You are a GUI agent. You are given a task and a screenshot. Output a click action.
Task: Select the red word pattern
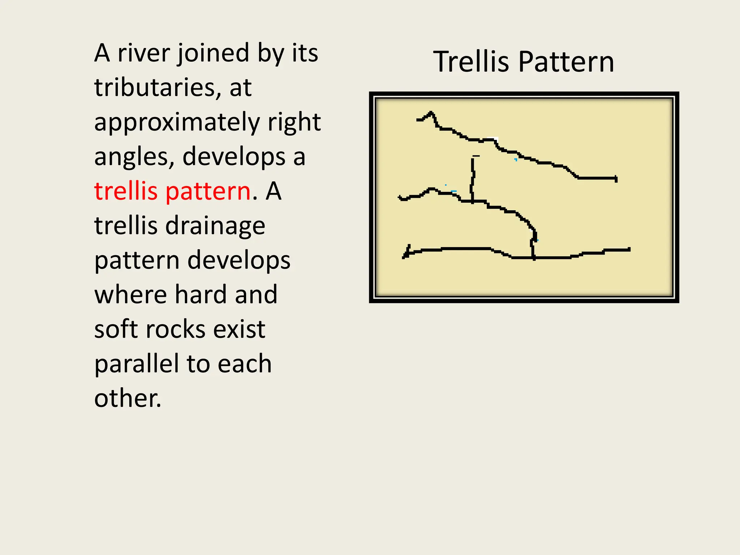pos(208,191)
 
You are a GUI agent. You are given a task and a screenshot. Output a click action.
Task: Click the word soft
pos(116,329)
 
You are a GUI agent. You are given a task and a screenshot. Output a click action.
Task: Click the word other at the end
pos(127,398)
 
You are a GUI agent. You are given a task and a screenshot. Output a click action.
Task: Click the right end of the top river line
pos(616,179)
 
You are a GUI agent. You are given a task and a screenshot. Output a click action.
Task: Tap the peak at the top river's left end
pos(430,113)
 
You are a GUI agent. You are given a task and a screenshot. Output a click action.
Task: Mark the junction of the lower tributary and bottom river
pos(533,258)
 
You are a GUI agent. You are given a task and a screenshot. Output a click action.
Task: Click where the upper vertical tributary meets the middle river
pos(472,201)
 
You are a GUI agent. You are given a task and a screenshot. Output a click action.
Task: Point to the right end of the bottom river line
pos(629,249)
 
